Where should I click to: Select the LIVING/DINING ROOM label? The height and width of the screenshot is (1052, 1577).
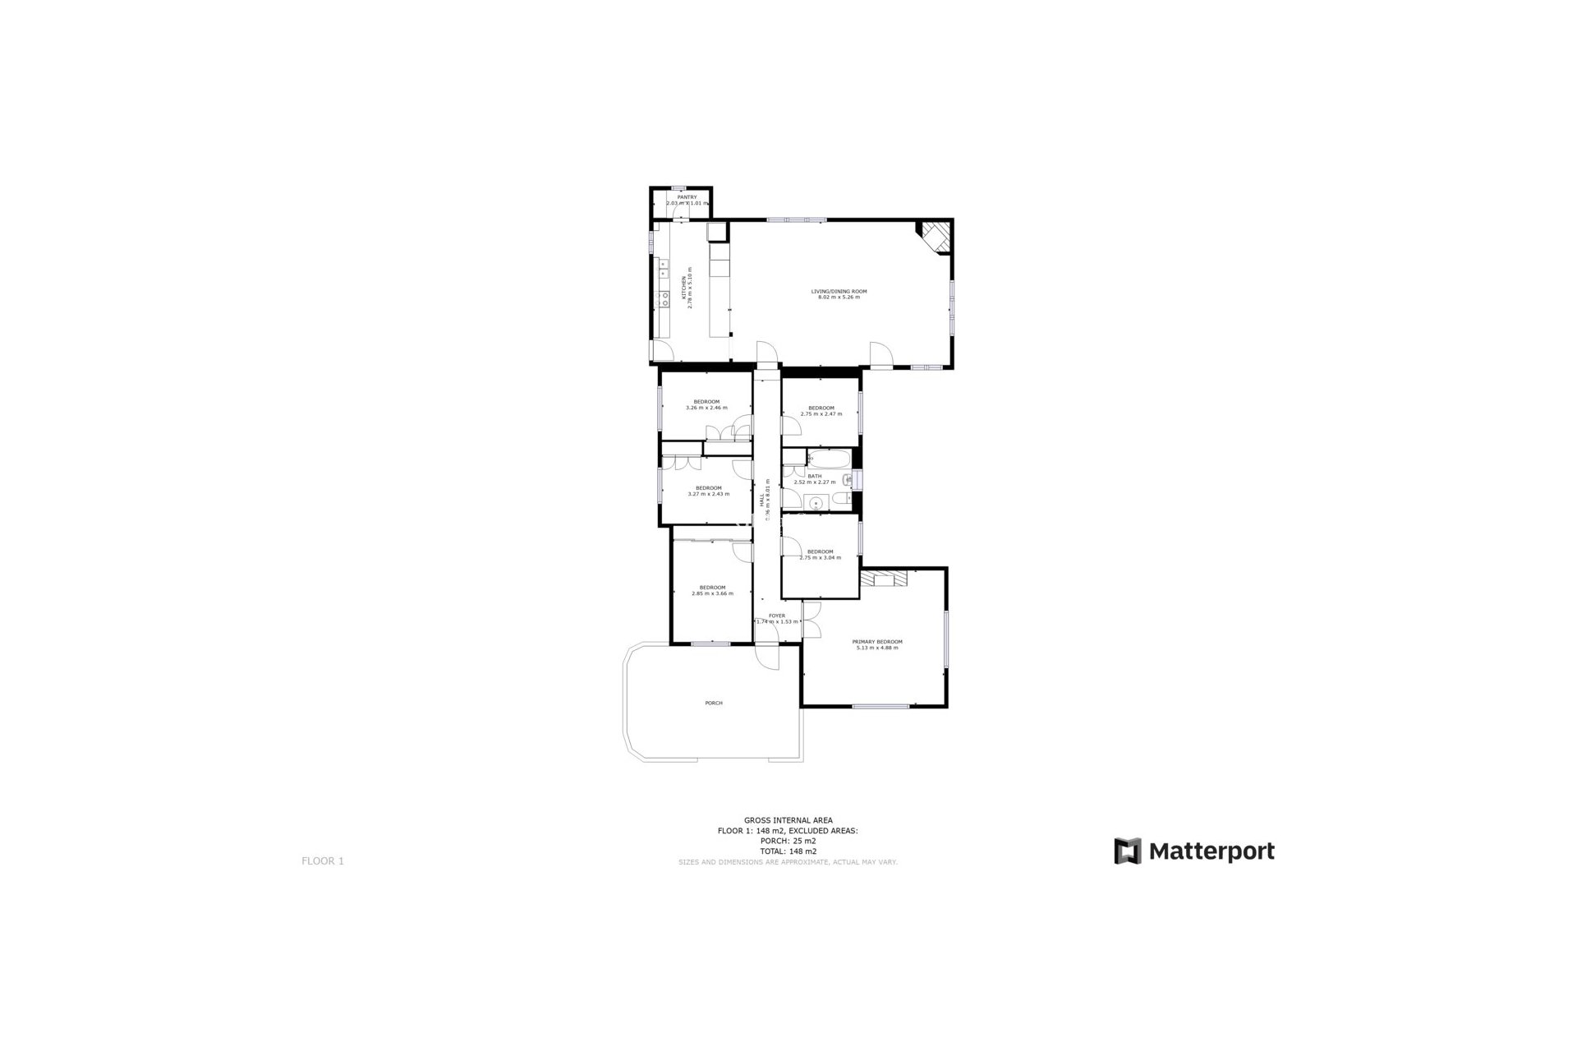(x=839, y=292)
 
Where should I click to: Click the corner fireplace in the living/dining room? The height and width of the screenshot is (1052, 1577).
(x=935, y=234)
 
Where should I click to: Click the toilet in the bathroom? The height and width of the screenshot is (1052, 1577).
(x=843, y=499)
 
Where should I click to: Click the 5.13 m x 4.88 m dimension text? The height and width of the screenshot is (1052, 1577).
(x=877, y=648)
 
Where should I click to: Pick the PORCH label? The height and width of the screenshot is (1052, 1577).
(x=714, y=703)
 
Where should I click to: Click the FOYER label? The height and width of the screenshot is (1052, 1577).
(x=776, y=616)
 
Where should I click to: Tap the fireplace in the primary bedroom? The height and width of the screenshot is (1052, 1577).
(x=885, y=579)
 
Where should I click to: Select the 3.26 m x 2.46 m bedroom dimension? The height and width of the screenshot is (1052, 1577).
(x=706, y=408)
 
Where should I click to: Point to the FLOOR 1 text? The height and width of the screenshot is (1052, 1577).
(x=323, y=861)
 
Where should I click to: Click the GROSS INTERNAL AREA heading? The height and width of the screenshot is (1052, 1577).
(x=788, y=820)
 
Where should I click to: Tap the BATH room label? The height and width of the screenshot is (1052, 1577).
(x=814, y=476)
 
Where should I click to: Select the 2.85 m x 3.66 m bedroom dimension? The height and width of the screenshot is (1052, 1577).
(x=712, y=593)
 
